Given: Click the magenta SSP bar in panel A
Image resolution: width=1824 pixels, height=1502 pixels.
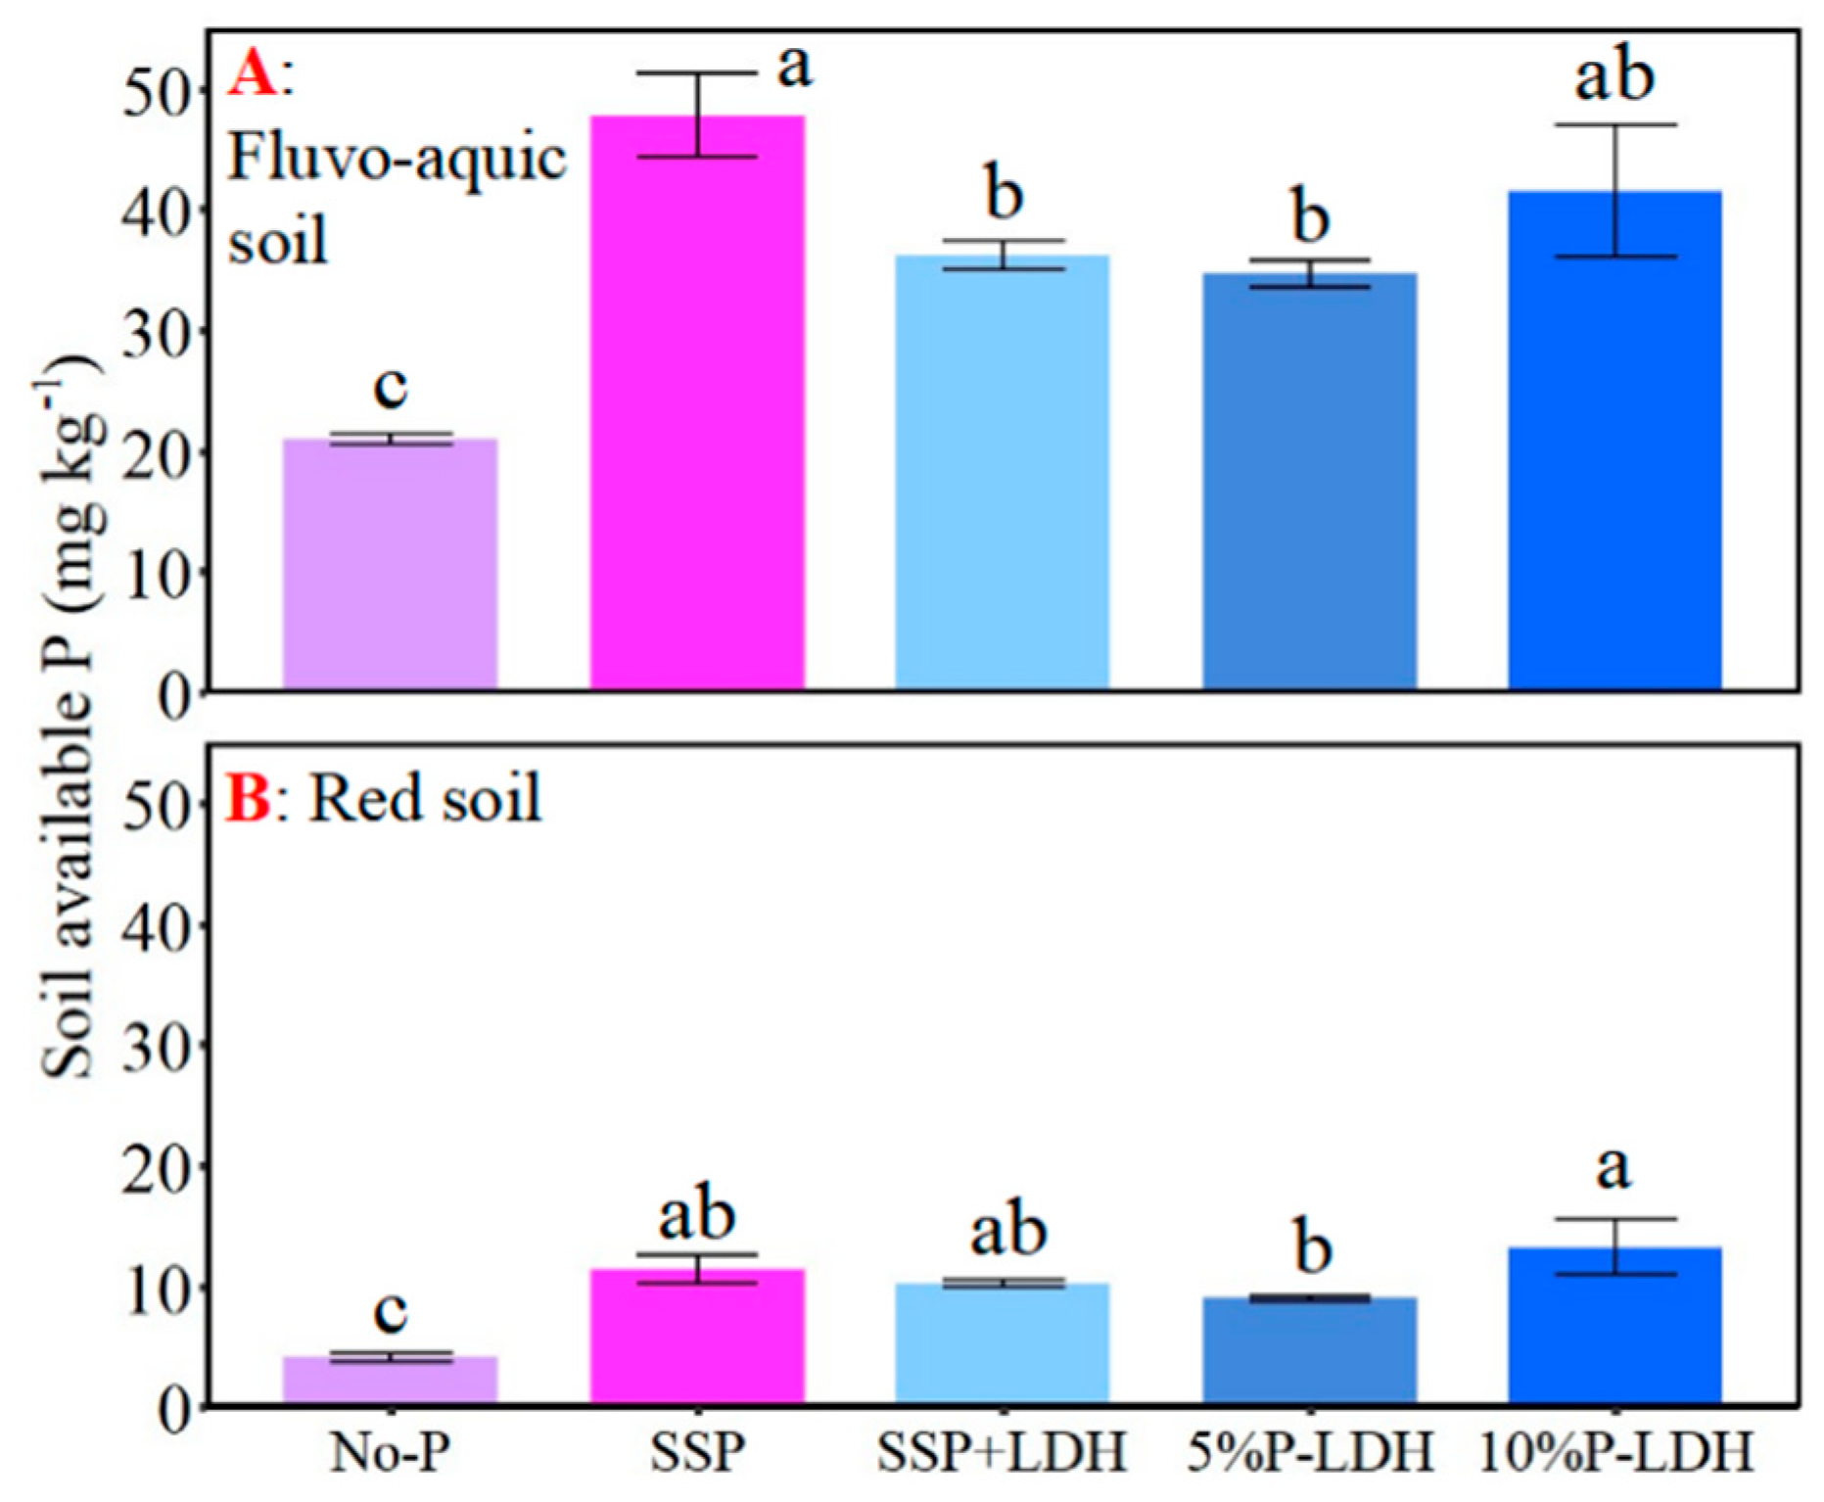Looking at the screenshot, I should (x=697, y=411).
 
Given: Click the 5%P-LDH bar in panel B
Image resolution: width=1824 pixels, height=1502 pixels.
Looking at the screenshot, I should (x=1309, y=1351).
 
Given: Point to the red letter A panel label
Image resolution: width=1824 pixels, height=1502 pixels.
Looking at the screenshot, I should (x=253, y=75).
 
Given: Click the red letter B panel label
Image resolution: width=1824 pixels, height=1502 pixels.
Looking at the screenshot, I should (x=249, y=798).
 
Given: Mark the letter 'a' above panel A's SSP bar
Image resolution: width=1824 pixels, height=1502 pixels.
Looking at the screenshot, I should (x=794, y=67).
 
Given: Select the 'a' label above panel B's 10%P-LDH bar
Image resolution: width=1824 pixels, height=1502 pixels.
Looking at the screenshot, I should (x=1614, y=1169).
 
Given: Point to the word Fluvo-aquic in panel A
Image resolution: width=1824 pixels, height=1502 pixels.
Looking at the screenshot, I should (x=397, y=159).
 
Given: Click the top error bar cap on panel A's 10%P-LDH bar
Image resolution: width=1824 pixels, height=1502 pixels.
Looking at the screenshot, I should (x=1614, y=125).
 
